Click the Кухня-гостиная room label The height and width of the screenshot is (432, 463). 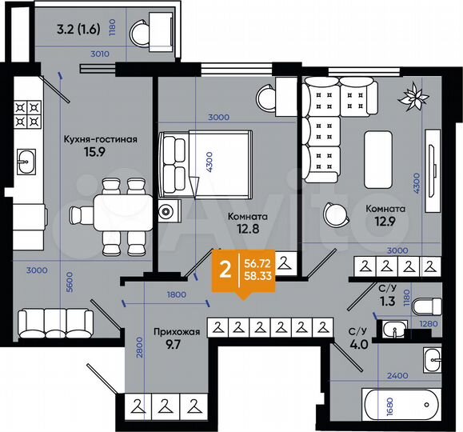(101, 138)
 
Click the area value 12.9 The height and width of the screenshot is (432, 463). (385, 224)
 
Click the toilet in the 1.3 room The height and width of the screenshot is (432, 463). (429, 306)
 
